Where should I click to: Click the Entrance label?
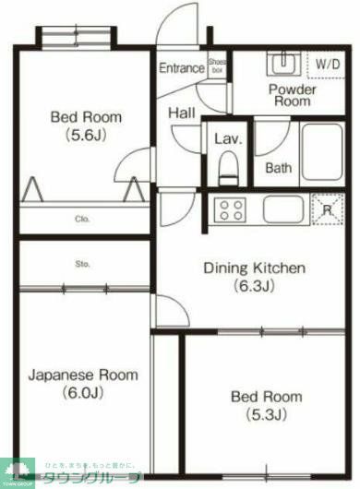[181, 68]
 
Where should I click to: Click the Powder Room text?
[293, 96]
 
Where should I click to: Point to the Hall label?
[181, 113]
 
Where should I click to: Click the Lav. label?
[228, 139]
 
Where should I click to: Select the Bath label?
[279, 168]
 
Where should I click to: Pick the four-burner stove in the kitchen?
[231, 209]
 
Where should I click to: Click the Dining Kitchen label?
[254, 277]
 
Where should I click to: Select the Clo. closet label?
[82, 220]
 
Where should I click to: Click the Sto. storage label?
[82, 265]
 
